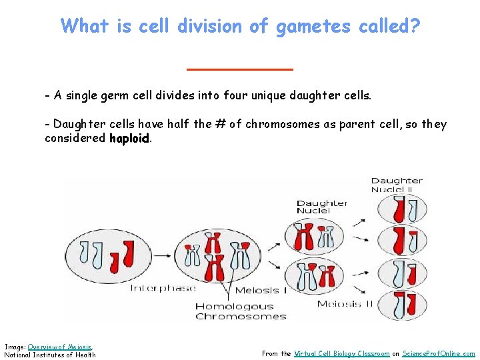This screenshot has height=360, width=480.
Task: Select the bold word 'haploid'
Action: coord(130,138)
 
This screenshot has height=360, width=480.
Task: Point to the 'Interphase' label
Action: coord(163,289)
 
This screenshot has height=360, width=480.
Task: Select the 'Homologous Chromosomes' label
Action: coord(241,311)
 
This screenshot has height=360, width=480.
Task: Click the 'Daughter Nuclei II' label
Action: coord(397,185)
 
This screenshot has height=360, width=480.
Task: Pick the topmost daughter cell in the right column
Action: coord(401,210)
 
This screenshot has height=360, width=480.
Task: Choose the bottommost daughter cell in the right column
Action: coord(401,301)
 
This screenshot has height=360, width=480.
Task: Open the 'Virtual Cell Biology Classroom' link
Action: coord(341,354)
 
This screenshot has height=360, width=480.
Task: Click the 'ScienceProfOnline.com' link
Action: coord(439,354)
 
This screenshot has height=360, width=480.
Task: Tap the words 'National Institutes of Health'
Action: coord(50,355)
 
